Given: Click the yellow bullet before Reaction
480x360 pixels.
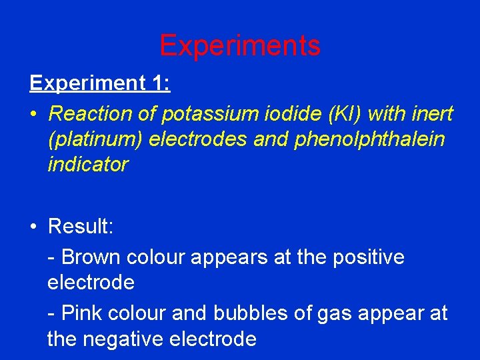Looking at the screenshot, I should coord(35,114).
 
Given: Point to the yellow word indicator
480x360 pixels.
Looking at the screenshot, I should coord(87,165).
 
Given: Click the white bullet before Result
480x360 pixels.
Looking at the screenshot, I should coord(35,227).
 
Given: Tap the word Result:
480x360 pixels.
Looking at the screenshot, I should coord(81,227).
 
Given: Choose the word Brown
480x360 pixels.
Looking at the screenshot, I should coord(91,257).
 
